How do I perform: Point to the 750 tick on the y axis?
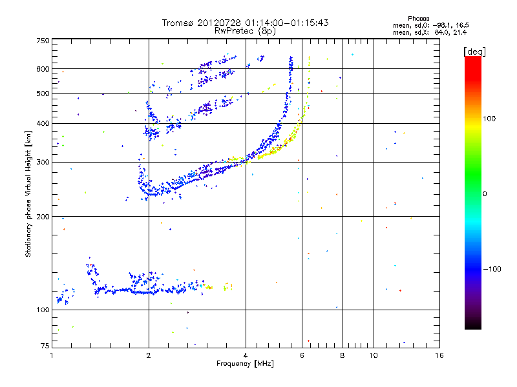[43, 40]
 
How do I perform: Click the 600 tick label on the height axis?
[43, 68]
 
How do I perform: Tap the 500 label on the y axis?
[43, 93]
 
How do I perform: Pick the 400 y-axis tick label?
[43, 123]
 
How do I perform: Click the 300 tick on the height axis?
[43, 162]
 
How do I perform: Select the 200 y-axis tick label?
[43, 216]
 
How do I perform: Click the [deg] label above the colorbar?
[474, 51]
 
